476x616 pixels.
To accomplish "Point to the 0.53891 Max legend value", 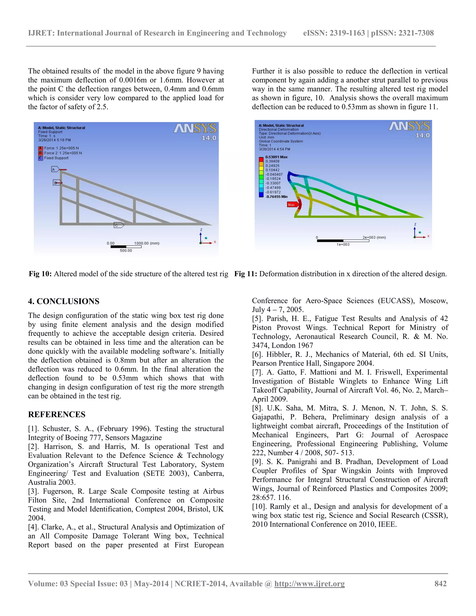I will tap(276, 157).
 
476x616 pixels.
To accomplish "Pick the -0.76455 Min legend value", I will tap(276, 197).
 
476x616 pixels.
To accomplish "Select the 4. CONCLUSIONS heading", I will tap(63, 301).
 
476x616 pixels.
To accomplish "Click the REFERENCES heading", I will tap(56, 414).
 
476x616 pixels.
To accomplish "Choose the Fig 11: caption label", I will tap(246, 274).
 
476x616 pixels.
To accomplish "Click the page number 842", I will tap(440, 583).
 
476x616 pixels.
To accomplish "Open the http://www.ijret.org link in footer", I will tap(309, 583).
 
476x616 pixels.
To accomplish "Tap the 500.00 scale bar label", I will tap(126, 250).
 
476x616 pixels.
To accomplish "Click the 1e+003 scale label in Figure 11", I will tap(343, 245).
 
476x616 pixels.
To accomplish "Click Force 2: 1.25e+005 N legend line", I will tap(63, 153).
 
